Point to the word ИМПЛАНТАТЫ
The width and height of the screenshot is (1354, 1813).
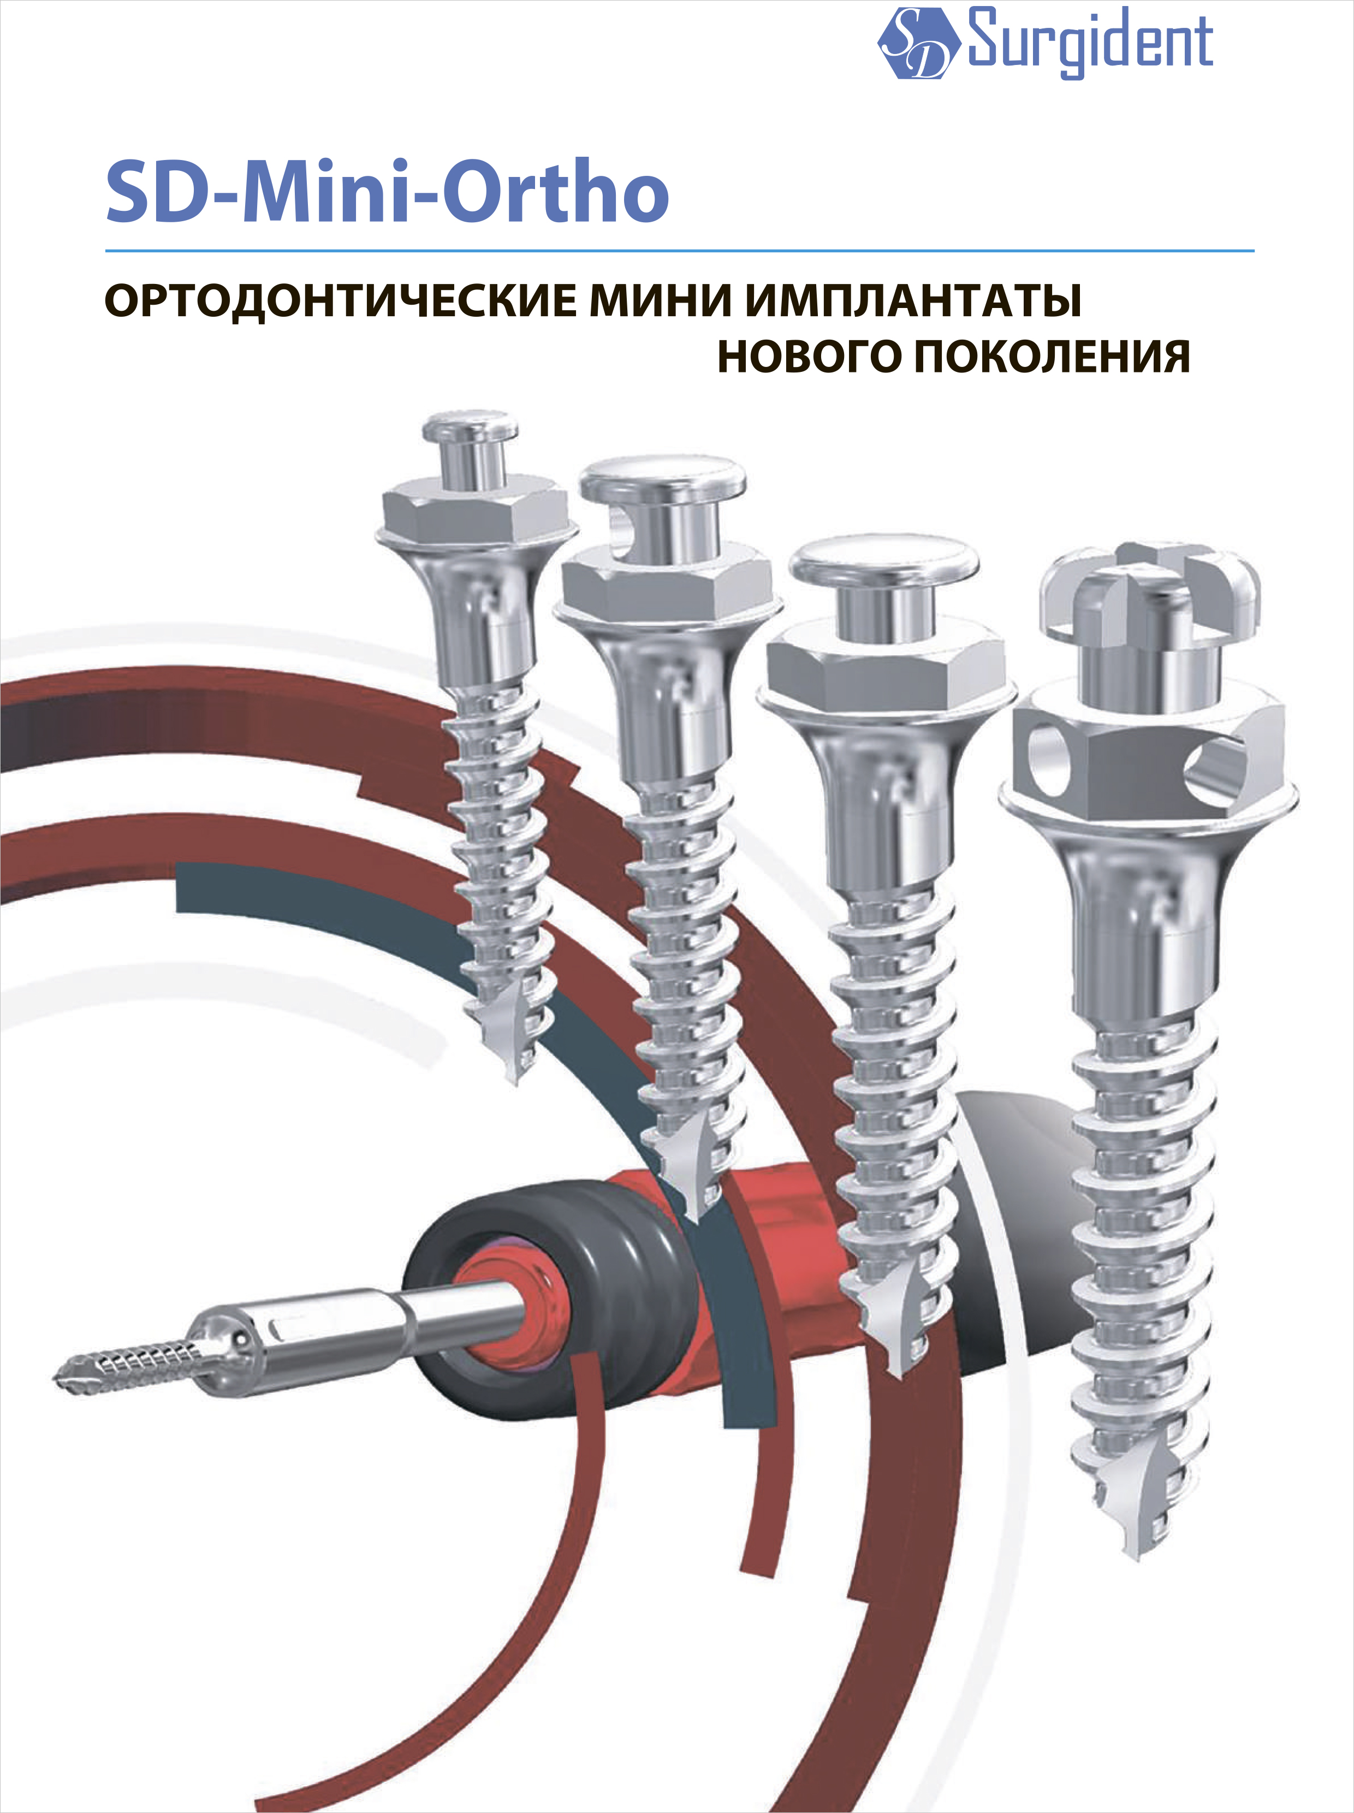[913, 301]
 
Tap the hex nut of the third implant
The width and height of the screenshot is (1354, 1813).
[885, 666]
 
